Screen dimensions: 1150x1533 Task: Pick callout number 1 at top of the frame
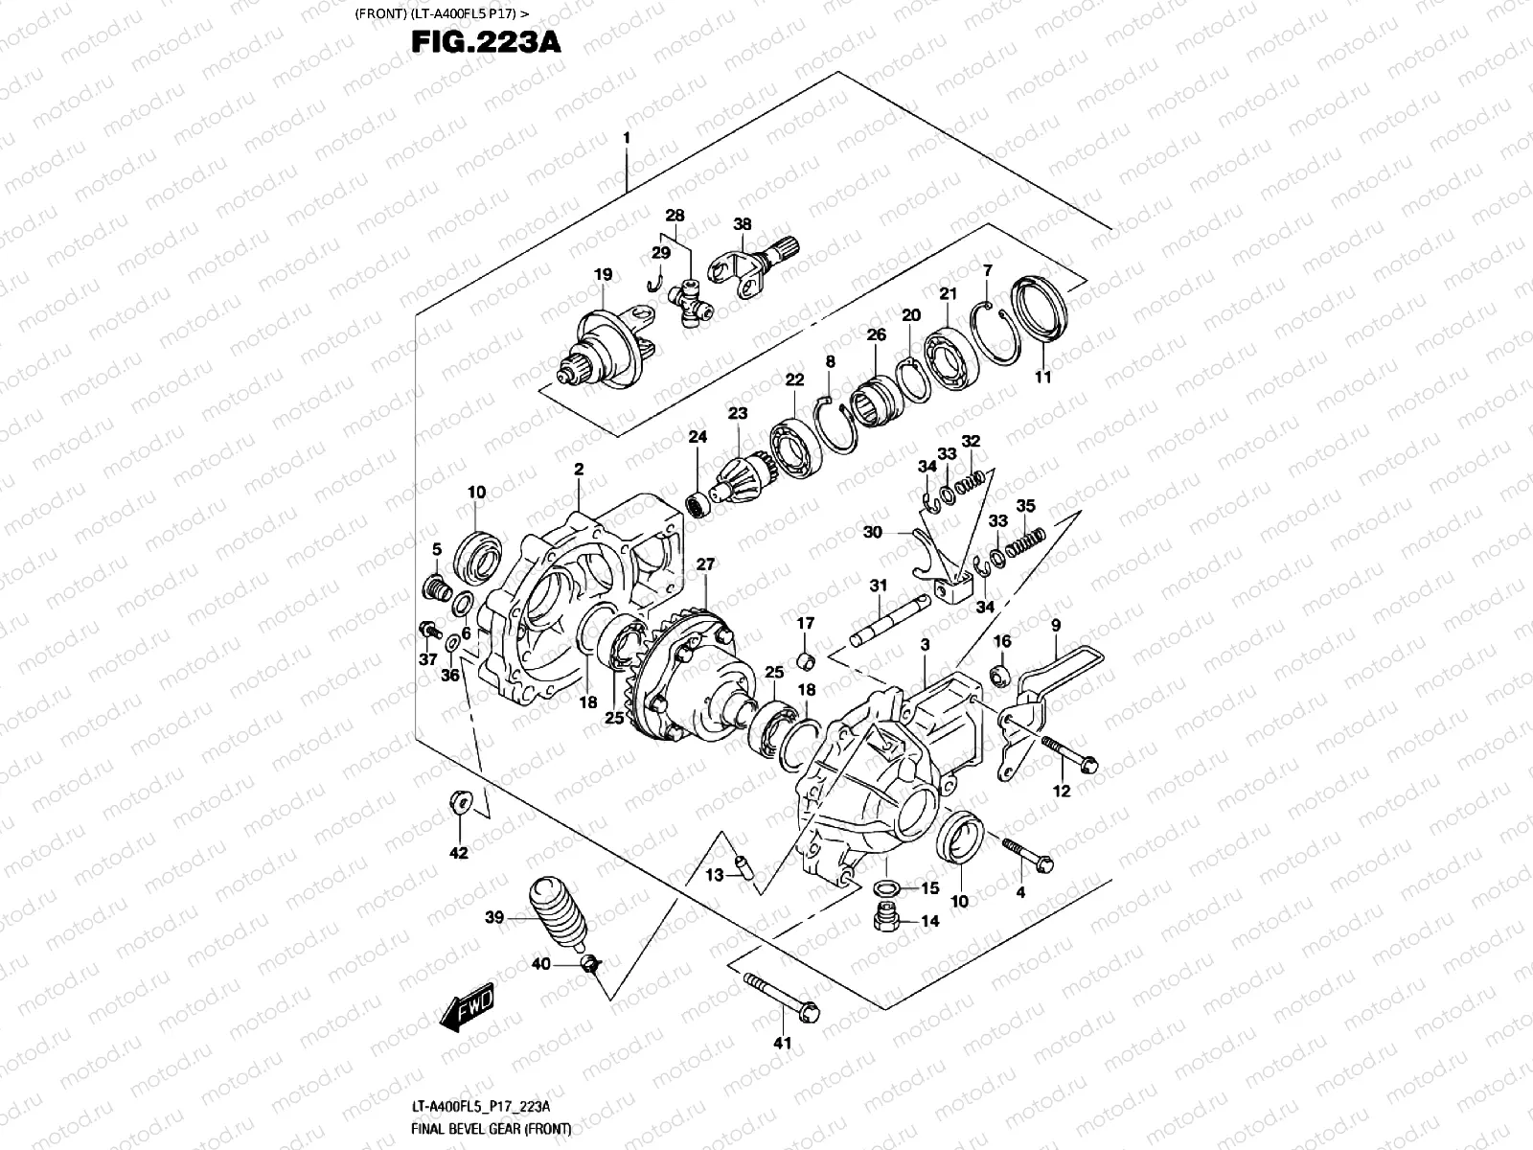pyautogui.click(x=627, y=138)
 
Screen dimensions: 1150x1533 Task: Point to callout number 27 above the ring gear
pyautogui.click(x=705, y=565)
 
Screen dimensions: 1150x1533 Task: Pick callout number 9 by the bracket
pyautogui.click(x=1055, y=626)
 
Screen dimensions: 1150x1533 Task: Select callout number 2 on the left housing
pyautogui.click(x=579, y=470)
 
